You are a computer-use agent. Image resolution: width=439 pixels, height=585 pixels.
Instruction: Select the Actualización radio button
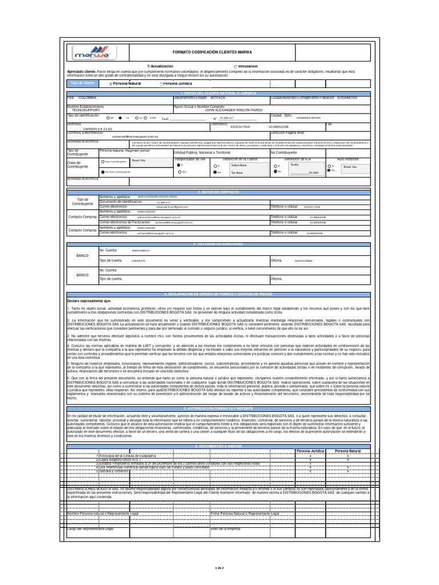point(148,66)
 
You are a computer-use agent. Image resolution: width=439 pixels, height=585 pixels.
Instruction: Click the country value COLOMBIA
point(88,98)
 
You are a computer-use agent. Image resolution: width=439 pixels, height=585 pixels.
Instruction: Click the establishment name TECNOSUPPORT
point(85,110)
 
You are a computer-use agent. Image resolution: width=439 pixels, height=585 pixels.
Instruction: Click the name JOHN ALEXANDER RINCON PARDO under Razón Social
point(233,110)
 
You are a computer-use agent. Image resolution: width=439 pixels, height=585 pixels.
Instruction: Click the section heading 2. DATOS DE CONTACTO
point(219,192)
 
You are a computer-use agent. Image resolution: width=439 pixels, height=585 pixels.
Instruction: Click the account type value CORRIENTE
point(138,261)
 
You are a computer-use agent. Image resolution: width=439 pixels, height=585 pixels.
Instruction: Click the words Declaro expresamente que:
point(90,300)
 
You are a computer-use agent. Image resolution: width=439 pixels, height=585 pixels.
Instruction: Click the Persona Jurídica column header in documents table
point(310,451)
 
